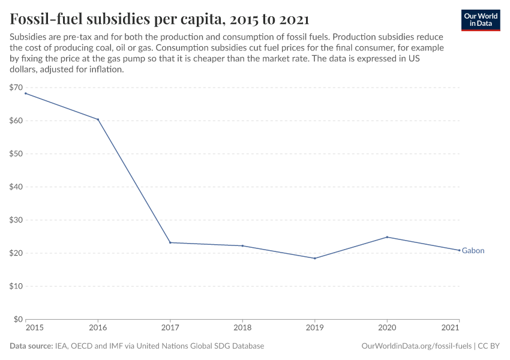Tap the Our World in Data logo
(481, 20)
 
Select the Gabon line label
(473, 251)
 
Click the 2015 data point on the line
(26, 93)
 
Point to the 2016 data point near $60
(98, 119)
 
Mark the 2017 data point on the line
(170, 242)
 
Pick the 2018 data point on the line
(242, 246)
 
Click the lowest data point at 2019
(314, 259)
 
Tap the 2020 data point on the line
(387, 237)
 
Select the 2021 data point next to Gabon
(459, 250)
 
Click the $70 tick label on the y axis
(16, 88)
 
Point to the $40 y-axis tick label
(16, 187)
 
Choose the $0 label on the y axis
(18, 319)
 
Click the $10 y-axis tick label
(16, 286)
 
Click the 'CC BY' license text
(490, 346)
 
